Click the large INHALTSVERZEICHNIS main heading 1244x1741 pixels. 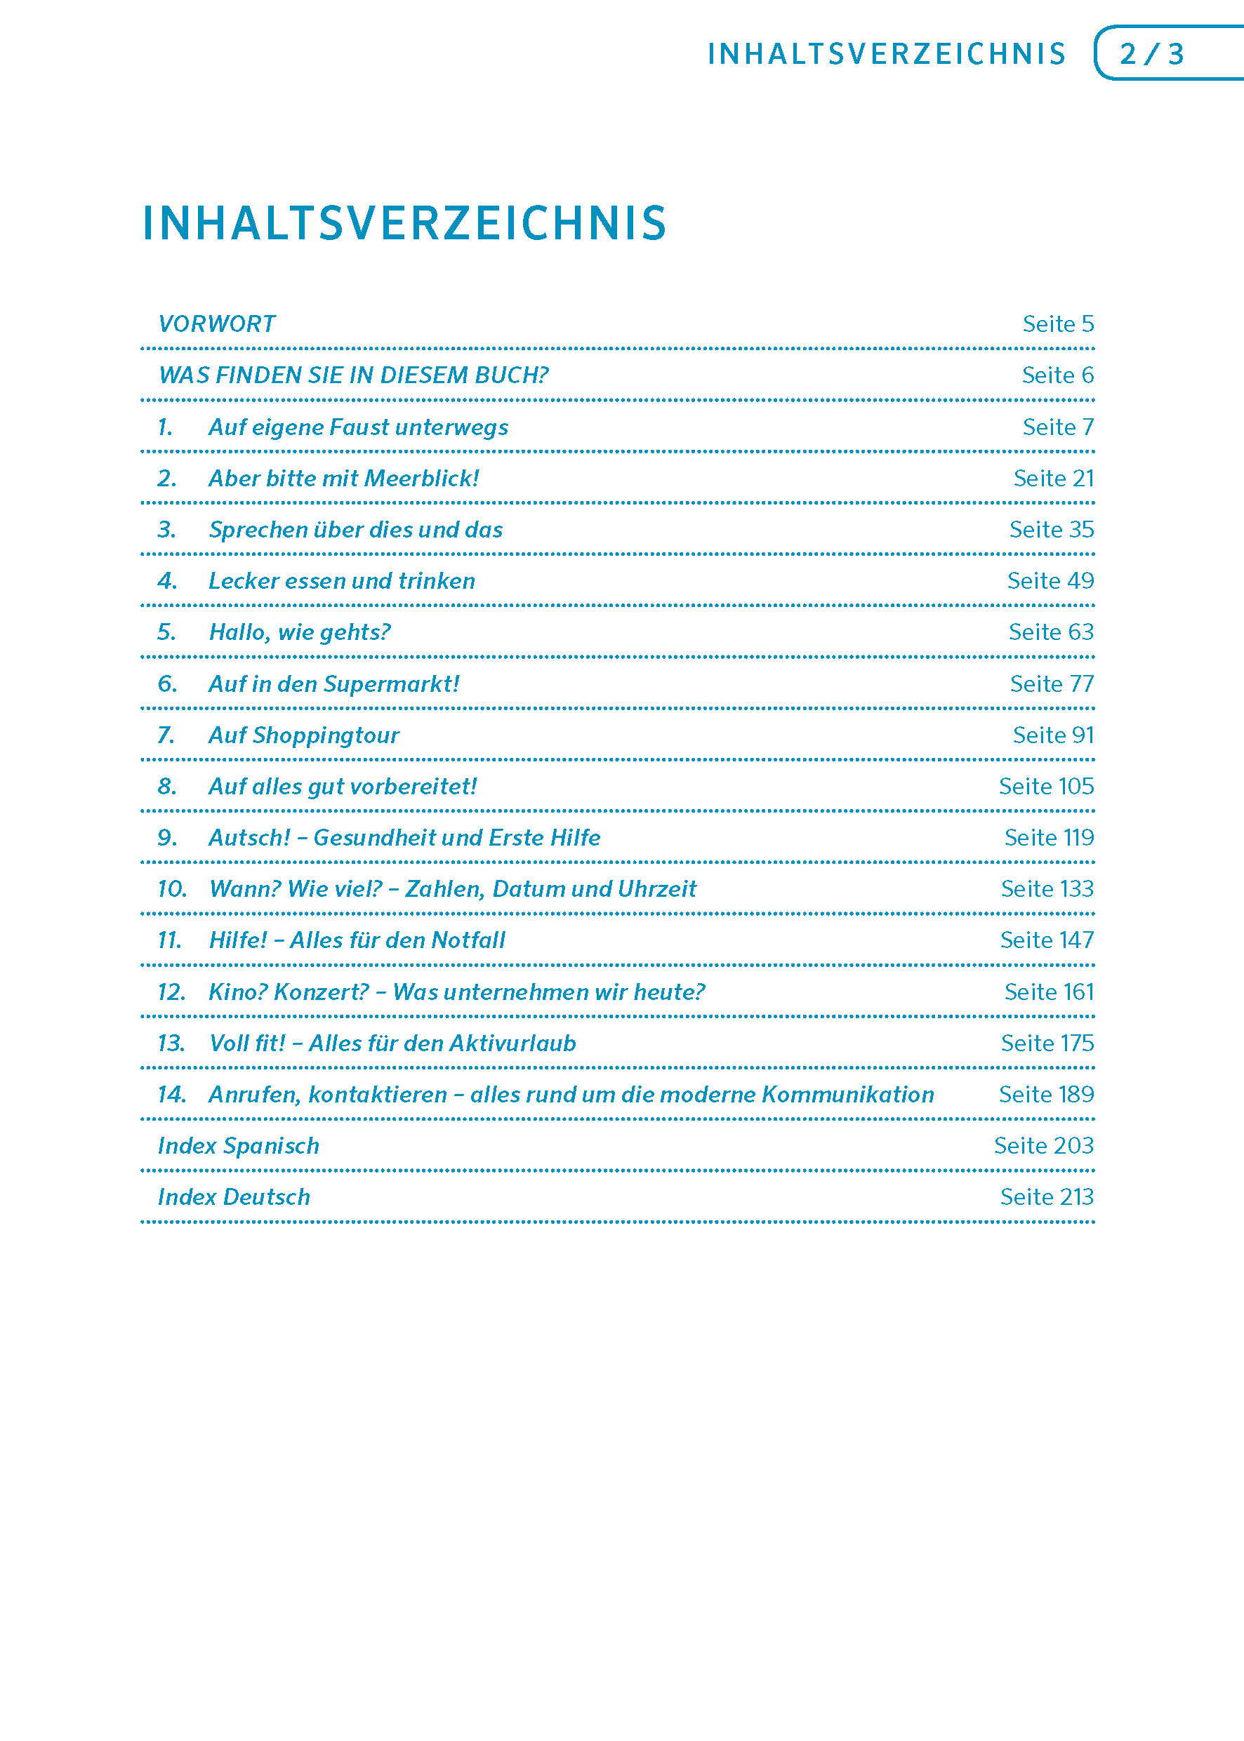click(404, 224)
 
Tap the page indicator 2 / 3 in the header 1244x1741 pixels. click(1151, 53)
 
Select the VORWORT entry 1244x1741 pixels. click(217, 324)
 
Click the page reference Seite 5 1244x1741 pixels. click(1058, 324)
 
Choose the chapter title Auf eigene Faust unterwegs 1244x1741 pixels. click(358, 427)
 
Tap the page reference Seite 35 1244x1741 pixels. click(1051, 530)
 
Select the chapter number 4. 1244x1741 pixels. click(167, 581)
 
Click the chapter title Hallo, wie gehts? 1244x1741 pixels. click(300, 632)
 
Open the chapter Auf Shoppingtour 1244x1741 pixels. click(303, 735)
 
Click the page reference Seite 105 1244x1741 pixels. click(1045, 786)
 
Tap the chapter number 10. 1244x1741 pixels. click(171, 889)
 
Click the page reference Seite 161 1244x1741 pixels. click(1049, 992)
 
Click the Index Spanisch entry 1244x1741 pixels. click(238, 1146)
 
